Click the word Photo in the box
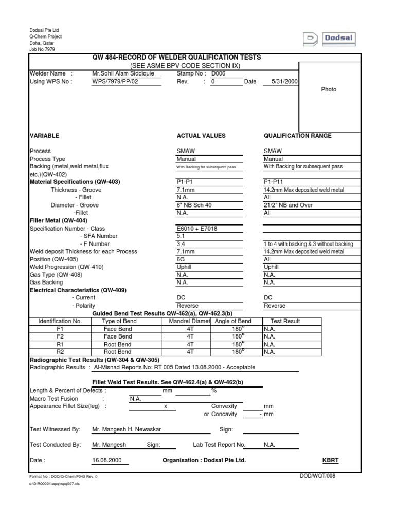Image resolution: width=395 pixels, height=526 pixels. click(329, 89)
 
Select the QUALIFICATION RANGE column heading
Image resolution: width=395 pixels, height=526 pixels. click(297, 136)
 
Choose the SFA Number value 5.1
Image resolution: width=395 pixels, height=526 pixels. click(181, 236)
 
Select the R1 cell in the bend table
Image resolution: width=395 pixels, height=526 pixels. click(60, 344)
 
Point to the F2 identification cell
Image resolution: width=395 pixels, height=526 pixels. click(60, 336)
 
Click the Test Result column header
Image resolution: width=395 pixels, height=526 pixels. click(285, 321)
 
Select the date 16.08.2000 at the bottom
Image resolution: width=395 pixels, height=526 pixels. click(107, 460)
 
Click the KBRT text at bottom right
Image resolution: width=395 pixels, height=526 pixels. click(330, 460)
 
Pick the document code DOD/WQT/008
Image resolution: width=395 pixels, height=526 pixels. click(317, 476)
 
